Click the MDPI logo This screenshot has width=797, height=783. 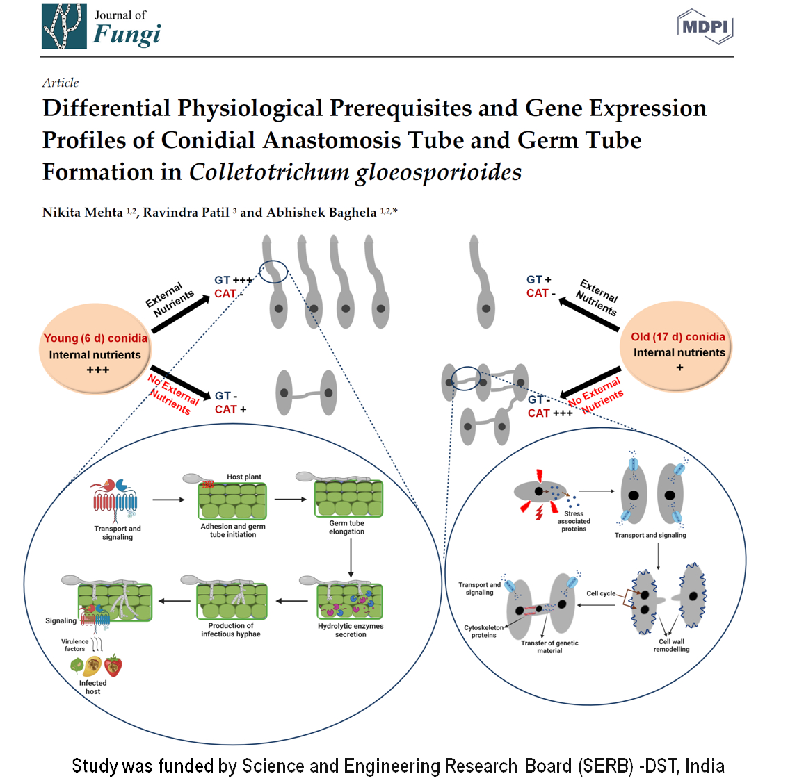705,26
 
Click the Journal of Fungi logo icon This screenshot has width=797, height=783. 64,26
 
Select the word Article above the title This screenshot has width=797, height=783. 61,83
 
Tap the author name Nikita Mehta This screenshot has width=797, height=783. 82,213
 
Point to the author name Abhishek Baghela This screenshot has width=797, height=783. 321,213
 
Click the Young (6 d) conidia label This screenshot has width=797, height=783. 95,338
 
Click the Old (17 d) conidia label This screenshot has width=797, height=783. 677,337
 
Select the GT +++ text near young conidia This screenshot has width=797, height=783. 233,280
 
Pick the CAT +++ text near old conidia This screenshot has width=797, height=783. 549,413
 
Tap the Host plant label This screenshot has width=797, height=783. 244,477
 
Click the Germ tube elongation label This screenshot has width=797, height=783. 346,527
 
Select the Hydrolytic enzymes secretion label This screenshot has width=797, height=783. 351,630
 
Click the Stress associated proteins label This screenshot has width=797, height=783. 574,521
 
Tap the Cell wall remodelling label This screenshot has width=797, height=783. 671,645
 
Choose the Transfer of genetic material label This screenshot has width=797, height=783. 549,647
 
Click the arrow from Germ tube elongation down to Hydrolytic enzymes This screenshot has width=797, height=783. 351,557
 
